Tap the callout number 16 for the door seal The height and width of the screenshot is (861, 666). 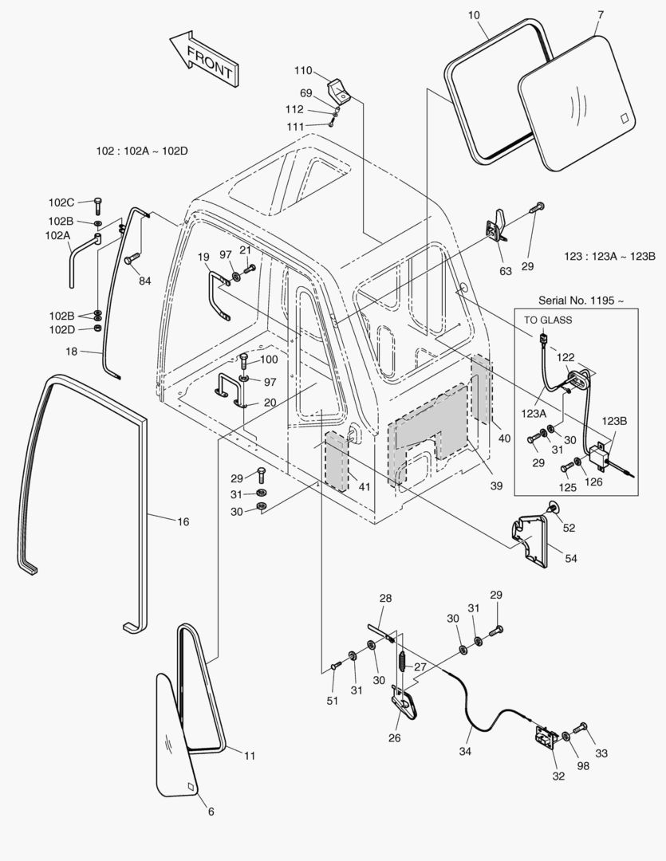click(183, 521)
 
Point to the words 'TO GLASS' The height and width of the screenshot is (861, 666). click(547, 320)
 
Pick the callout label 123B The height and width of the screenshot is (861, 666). click(614, 421)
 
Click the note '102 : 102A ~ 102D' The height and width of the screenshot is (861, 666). click(142, 151)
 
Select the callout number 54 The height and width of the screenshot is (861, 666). click(571, 559)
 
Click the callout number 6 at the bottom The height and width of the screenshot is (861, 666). click(211, 812)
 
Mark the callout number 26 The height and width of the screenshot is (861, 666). click(394, 737)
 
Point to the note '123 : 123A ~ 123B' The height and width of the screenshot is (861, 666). click(609, 256)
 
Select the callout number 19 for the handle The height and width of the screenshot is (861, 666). click(203, 257)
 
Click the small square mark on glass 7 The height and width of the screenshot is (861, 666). click(625, 120)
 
